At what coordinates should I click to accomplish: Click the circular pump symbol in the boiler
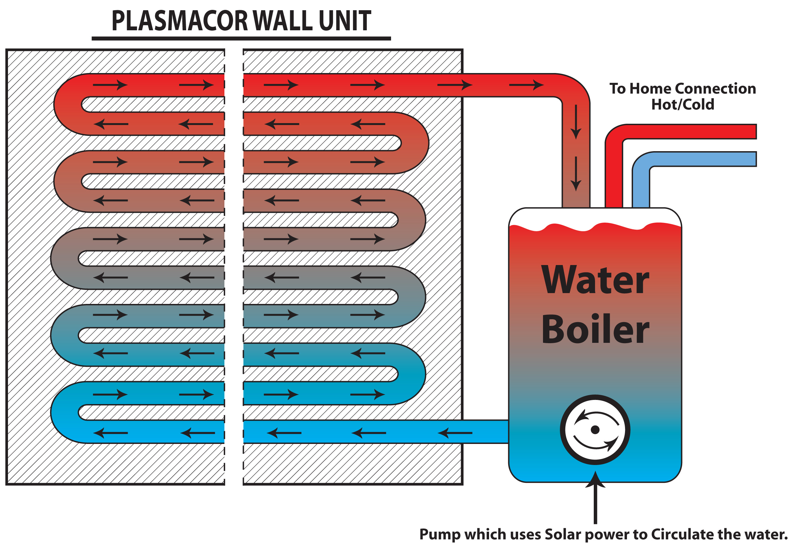[595, 430]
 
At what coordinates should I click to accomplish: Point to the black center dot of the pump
[595, 430]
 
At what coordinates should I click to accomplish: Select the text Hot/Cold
[682, 104]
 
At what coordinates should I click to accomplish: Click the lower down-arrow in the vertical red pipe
[576, 173]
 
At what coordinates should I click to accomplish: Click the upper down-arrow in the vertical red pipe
[576, 122]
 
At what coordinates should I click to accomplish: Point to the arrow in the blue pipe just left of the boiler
[455, 433]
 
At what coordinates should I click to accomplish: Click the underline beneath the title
[241, 39]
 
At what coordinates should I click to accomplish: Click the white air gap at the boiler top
[595, 217]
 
